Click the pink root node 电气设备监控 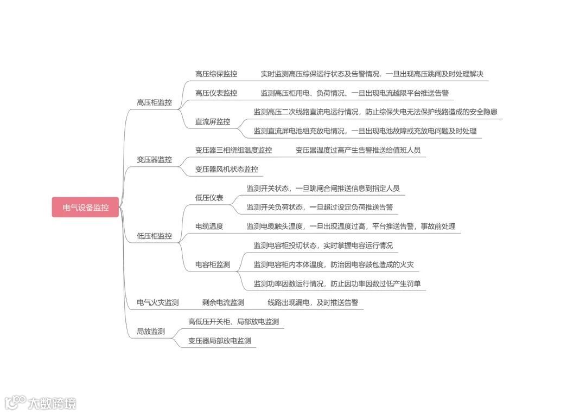pyautogui.click(x=85, y=208)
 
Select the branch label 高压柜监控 pyautogui.click(x=154, y=102)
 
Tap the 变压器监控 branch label pyautogui.click(x=154, y=160)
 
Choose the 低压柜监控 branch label pyautogui.click(x=154, y=236)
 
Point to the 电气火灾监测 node pyautogui.click(x=158, y=302)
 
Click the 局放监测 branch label pyautogui.click(x=150, y=332)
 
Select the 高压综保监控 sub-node pyautogui.click(x=216, y=74)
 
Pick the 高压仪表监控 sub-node pyautogui.click(x=216, y=93)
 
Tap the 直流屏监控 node pyautogui.click(x=213, y=122)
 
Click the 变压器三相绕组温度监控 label pyautogui.click(x=233, y=150)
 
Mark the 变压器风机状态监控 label pyautogui.click(x=227, y=170)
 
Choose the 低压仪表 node pyautogui.click(x=209, y=198)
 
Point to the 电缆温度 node pyautogui.click(x=209, y=227)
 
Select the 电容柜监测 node pyautogui.click(x=213, y=265)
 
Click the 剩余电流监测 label pyautogui.click(x=223, y=302)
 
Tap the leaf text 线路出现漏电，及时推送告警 pyautogui.click(x=313, y=302)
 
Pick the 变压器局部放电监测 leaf pyautogui.click(x=220, y=341)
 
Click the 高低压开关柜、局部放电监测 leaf pyautogui.click(x=233, y=322)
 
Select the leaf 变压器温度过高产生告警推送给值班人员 pyautogui.click(x=358, y=150)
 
